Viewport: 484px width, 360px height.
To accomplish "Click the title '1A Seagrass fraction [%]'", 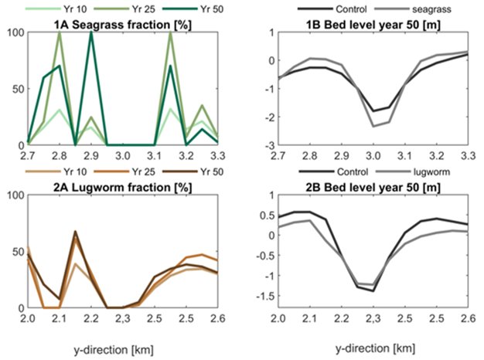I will tap(124, 25).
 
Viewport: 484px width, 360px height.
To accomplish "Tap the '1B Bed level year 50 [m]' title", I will tap(366, 25).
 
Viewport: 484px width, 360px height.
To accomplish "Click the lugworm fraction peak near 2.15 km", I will tap(75, 231).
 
